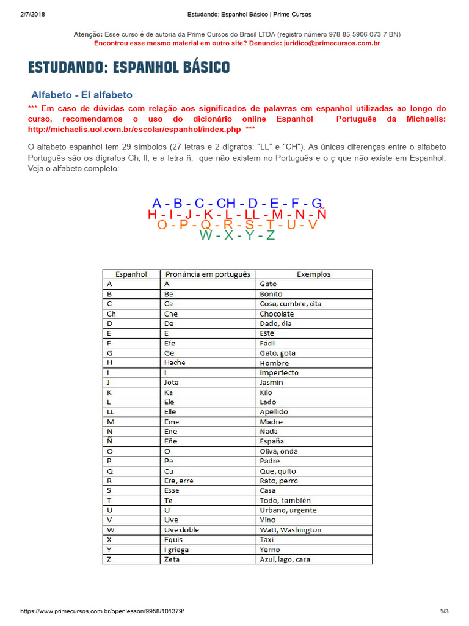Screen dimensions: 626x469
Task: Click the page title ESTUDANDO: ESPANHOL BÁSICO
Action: coord(129,67)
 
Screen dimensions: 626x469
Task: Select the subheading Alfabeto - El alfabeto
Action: coord(82,95)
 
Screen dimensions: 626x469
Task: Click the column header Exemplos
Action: coord(313,274)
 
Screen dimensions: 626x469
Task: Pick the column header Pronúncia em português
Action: coord(208,274)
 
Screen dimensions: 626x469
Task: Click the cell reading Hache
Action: coord(175,363)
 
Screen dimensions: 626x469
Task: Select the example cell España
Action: coord(272,441)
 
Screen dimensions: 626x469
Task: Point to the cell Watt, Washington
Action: coord(290,529)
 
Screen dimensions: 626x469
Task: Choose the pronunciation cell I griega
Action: coord(176,549)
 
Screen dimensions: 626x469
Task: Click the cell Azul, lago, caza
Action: coord(285,559)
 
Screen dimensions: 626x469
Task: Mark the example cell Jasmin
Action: coord(272,382)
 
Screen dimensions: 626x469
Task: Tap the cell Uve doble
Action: coord(181,529)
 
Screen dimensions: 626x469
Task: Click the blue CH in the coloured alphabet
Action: coord(226,204)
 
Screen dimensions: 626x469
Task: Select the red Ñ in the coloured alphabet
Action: coord(322,215)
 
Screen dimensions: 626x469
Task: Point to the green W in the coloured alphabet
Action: coord(206,235)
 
